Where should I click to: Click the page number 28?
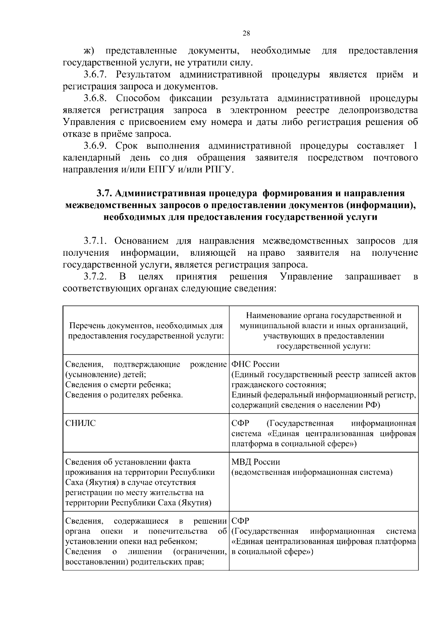pos(246,33)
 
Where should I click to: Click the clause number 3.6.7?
pos(95,75)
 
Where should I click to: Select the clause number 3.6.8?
pos(95,99)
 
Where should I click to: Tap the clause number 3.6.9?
pos(95,146)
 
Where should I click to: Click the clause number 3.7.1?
pos(95,241)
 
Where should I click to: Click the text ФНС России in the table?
pos(255,364)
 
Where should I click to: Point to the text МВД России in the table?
pos(256,462)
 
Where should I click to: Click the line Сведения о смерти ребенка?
pos(118,385)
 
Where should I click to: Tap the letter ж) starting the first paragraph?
pos(89,51)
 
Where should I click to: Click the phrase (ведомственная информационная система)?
pos(312,472)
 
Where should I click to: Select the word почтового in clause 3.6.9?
pos(395,158)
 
